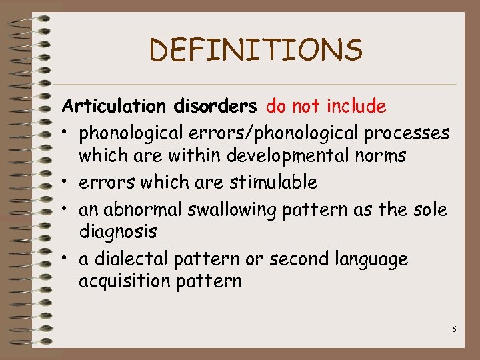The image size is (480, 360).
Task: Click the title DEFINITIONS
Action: coord(256,50)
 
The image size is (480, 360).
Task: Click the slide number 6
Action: coord(454,329)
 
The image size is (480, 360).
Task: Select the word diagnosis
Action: coord(118,233)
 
